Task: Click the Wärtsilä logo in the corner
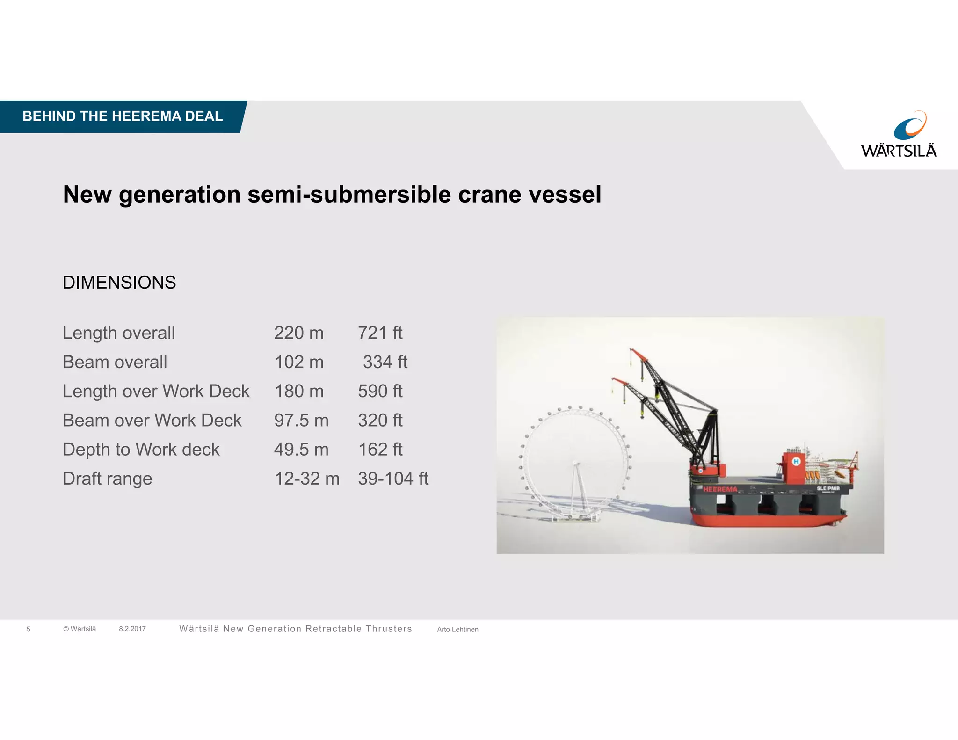click(x=899, y=134)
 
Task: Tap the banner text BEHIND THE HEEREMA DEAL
click(x=123, y=116)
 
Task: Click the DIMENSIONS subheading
click(x=119, y=283)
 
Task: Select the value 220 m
click(x=298, y=333)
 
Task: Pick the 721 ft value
click(x=380, y=333)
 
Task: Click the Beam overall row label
click(x=115, y=362)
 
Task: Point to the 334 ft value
click(x=385, y=362)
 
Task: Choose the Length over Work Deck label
click(x=156, y=391)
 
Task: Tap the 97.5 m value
click(x=301, y=420)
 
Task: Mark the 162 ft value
click(x=380, y=450)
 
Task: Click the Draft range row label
click(x=107, y=479)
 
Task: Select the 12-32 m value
click(x=306, y=479)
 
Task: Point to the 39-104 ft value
click(x=393, y=479)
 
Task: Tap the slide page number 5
click(x=28, y=629)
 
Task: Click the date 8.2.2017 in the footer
click(x=132, y=629)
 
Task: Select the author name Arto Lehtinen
click(x=457, y=630)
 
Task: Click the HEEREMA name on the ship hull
click(x=720, y=489)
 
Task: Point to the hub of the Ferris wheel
click(x=576, y=464)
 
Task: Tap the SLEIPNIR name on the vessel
click(x=828, y=488)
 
